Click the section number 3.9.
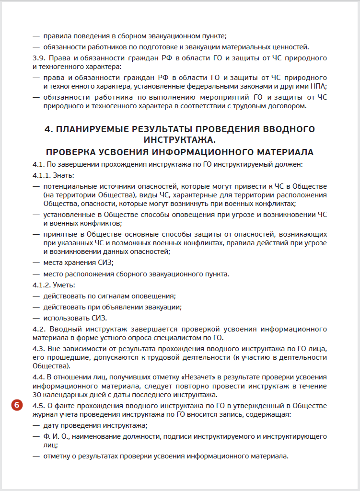coord(39,58)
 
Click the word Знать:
coord(63,174)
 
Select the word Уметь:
coord(64,285)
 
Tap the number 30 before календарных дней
coord(38,395)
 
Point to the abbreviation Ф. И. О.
coord(56,436)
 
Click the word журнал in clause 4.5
coord(45,414)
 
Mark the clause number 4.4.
coord(39,377)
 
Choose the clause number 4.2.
coord(39,329)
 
